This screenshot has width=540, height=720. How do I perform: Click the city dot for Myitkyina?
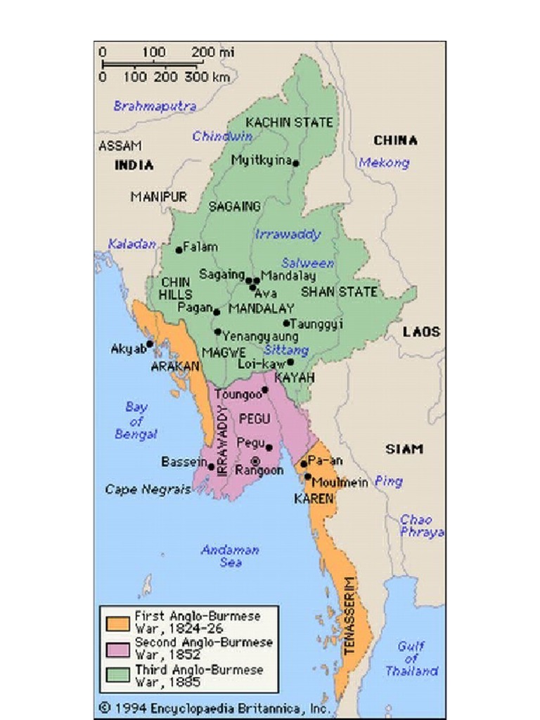tap(295, 163)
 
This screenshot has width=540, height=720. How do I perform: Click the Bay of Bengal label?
tap(136, 420)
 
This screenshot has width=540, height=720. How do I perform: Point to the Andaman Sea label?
tap(230, 556)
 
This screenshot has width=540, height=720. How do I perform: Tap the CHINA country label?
tap(395, 141)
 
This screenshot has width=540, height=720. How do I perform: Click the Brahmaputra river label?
tap(155, 106)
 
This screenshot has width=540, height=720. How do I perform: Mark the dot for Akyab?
tap(150, 345)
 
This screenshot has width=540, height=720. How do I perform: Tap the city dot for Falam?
tap(179, 250)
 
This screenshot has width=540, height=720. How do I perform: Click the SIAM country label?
tap(404, 449)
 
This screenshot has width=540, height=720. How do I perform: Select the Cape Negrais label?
tap(148, 489)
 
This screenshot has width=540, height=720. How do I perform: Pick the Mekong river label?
tap(384, 163)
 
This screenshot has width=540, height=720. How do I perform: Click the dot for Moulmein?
tap(307, 477)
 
